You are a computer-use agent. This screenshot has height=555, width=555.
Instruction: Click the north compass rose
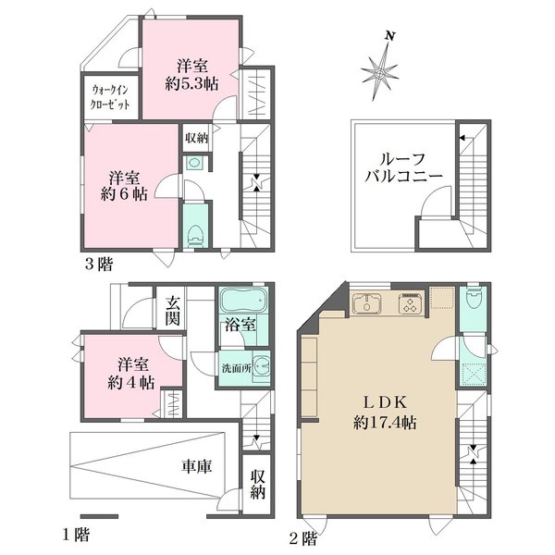click(380, 71)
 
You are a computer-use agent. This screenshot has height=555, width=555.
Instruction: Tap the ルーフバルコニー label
click(403, 167)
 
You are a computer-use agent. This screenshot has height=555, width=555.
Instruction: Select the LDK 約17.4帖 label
click(385, 413)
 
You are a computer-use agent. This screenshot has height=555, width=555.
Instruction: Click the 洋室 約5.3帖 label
click(191, 75)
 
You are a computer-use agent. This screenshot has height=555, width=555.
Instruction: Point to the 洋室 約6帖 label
click(124, 186)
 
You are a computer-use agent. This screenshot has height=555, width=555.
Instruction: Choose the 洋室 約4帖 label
click(131, 374)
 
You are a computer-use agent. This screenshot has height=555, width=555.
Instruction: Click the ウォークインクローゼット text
click(110, 97)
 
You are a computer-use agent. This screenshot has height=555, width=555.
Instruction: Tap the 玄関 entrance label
click(173, 311)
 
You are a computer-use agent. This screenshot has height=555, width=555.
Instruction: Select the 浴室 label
click(240, 325)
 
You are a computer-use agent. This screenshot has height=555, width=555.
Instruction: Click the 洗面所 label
click(237, 368)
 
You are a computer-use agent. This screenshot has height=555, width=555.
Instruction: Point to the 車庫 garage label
click(197, 466)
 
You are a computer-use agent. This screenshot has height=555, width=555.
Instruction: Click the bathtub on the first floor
click(243, 300)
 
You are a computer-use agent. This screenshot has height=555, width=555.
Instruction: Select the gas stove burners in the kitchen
click(412, 304)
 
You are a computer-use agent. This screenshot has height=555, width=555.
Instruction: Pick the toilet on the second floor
click(474, 299)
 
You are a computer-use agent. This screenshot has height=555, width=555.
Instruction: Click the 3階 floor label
click(99, 264)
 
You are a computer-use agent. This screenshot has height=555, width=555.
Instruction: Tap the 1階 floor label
click(76, 534)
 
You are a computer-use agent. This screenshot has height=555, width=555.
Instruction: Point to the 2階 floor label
click(303, 539)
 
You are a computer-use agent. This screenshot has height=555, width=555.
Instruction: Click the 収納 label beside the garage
click(258, 484)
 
